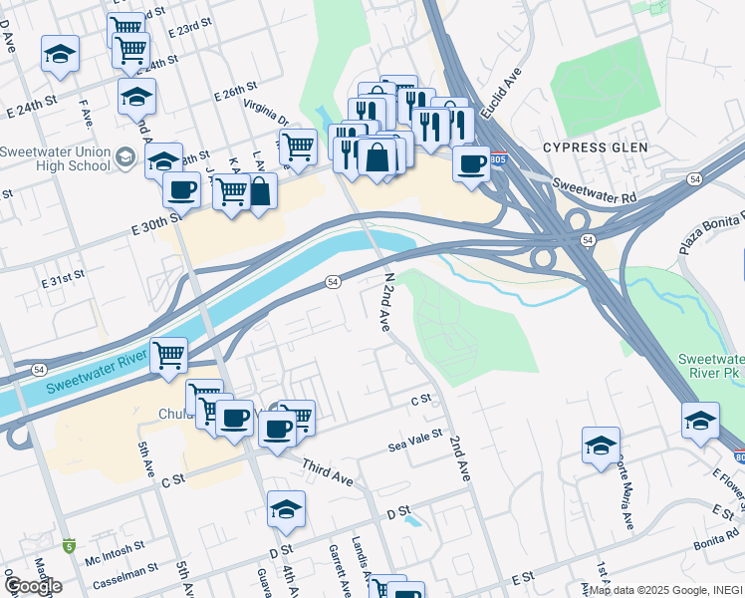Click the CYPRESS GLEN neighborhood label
[595, 148]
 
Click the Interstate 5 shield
[68, 545]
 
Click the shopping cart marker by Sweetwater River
[169, 355]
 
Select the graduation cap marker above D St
[286, 509]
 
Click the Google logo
[34, 585]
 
